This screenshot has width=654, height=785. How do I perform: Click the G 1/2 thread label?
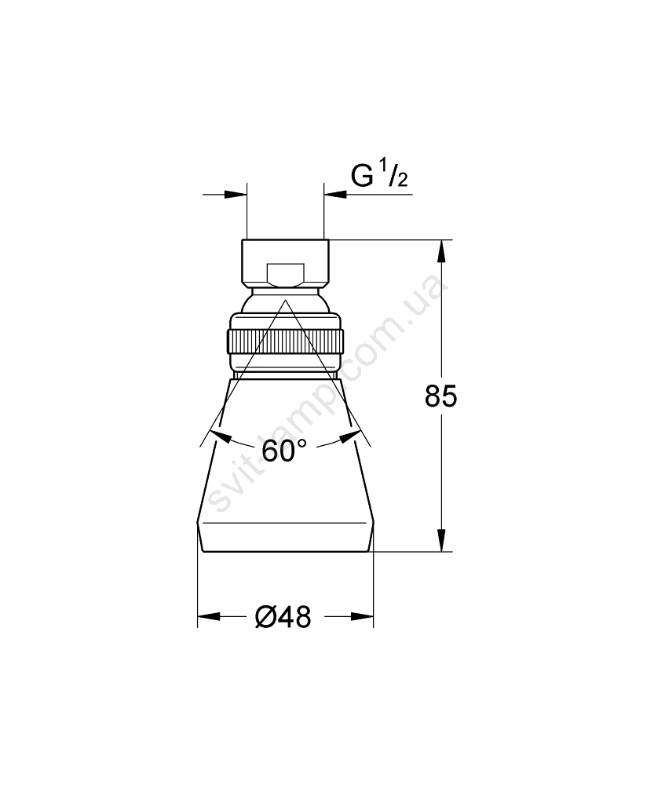(379, 173)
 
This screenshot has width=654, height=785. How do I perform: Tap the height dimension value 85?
(440, 396)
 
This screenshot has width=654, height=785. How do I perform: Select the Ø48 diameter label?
(283, 617)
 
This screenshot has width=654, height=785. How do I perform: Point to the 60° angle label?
(284, 451)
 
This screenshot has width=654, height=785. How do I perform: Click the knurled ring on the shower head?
(286, 342)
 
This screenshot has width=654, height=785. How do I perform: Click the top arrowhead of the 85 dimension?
(441, 251)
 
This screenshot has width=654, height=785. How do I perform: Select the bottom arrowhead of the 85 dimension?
(441, 541)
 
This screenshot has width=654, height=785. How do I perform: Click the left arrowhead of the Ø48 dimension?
(209, 617)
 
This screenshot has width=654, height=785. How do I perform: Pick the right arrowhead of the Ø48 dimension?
(363, 617)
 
